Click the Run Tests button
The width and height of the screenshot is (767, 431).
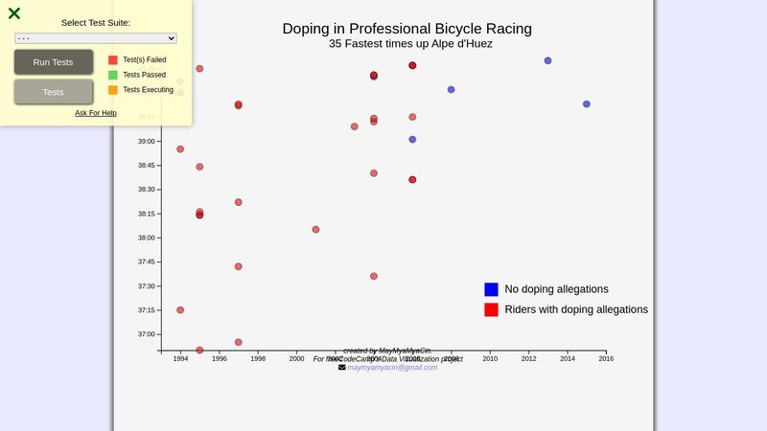pyautogui.click(x=54, y=62)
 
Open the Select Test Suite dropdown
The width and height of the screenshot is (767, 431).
pyautogui.click(x=96, y=38)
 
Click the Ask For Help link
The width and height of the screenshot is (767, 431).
pyautogui.click(x=96, y=113)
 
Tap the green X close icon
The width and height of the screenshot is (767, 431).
pyautogui.click(x=14, y=13)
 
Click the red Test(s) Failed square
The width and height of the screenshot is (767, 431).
pyautogui.click(x=113, y=59)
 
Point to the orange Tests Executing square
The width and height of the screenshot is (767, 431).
pyautogui.click(x=113, y=90)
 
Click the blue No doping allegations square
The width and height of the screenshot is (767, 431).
pyautogui.click(x=491, y=289)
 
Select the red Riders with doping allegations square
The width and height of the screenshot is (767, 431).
pyautogui.click(x=491, y=309)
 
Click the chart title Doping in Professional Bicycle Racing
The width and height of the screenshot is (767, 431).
pyautogui.click(x=407, y=29)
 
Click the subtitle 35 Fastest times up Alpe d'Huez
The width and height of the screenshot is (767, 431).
pyautogui.click(x=410, y=44)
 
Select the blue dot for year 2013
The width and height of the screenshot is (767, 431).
pyautogui.click(x=547, y=60)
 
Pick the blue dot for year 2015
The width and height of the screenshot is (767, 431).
pyautogui.click(x=587, y=103)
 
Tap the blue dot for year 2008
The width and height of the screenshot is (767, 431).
pyautogui.click(x=451, y=89)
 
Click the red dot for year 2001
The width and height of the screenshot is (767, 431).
pyautogui.click(x=315, y=230)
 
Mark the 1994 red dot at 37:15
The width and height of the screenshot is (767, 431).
pyautogui.click(x=180, y=310)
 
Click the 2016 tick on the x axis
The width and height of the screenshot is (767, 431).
pyautogui.click(x=606, y=359)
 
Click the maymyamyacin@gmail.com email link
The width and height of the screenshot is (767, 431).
pyautogui.click(x=392, y=368)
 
